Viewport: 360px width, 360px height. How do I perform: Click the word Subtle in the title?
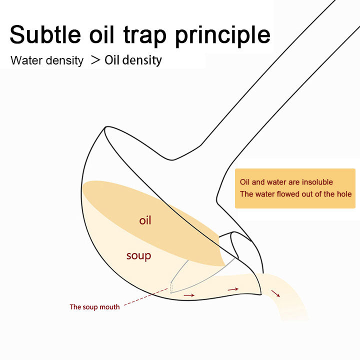tap(45, 34)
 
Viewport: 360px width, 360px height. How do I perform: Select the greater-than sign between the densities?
tap(95, 60)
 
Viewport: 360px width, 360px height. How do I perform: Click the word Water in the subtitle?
tap(26, 60)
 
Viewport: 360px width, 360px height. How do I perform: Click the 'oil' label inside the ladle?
tap(145, 220)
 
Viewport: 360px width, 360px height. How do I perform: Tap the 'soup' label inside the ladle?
tap(138, 256)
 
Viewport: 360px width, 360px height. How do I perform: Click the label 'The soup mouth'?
tap(94, 307)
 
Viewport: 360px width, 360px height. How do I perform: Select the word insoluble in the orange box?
tap(317, 182)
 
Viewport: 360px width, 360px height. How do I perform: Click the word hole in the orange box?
tap(344, 194)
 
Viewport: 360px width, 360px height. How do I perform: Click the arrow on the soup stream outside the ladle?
tap(275, 293)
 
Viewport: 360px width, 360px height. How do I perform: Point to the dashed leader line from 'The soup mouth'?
tap(146, 297)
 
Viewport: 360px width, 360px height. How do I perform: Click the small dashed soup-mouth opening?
tap(171, 287)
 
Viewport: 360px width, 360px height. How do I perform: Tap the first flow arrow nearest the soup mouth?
tap(189, 295)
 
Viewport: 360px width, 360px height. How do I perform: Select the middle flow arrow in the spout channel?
tap(233, 289)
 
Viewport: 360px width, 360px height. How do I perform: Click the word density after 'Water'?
tap(64, 61)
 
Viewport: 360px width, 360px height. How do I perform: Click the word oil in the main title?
tap(101, 34)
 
